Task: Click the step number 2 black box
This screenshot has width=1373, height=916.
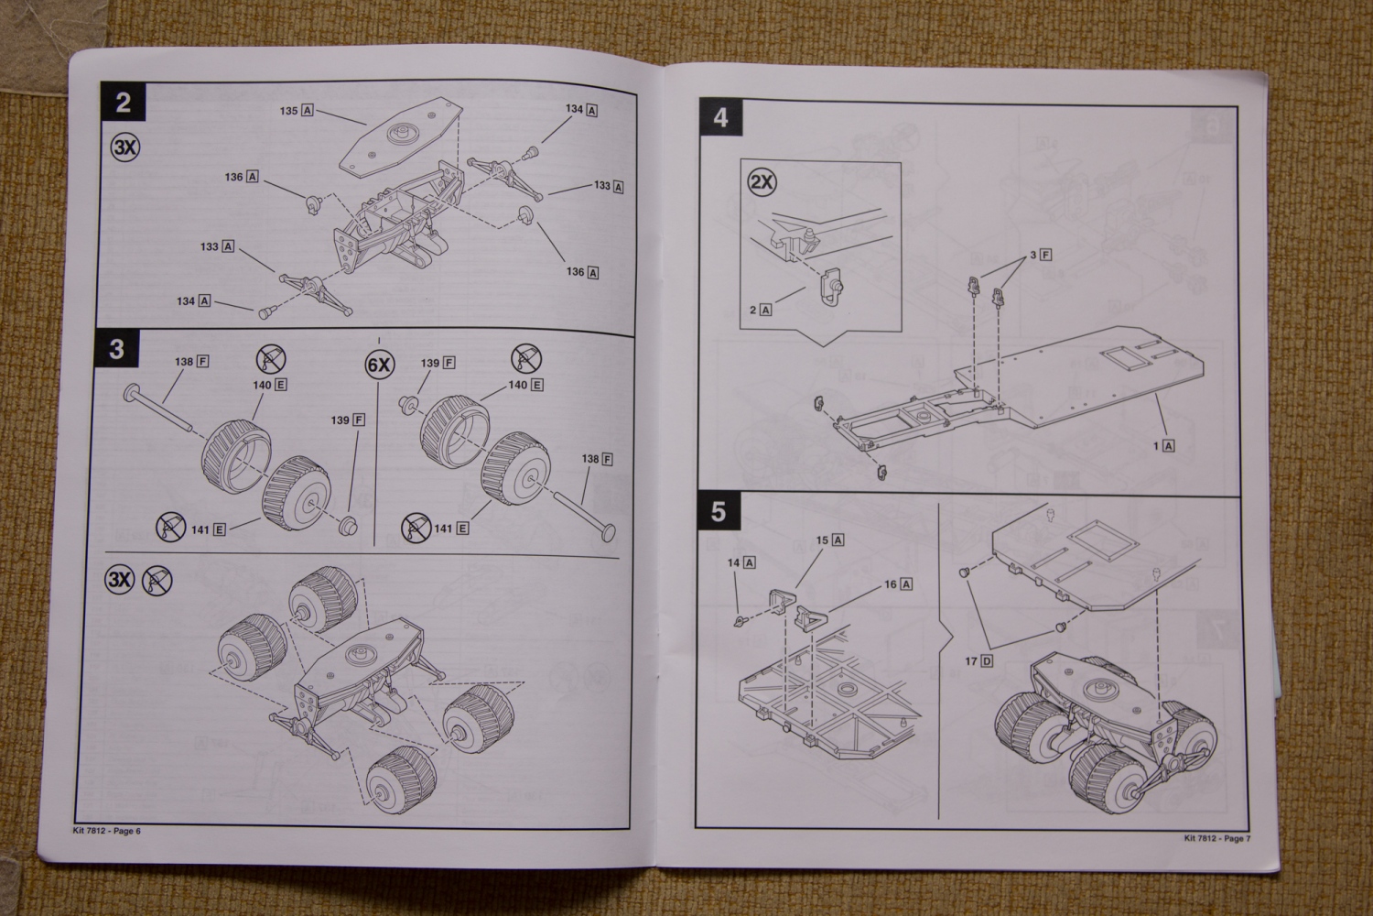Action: click(123, 102)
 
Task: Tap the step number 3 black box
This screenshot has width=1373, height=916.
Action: click(116, 350)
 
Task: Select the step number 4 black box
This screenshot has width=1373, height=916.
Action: click(720, 118)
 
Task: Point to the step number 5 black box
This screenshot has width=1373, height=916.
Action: click(718, 511)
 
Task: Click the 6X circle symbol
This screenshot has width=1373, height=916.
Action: click(378, 365)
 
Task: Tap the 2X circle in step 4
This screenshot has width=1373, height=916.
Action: click(762, 181)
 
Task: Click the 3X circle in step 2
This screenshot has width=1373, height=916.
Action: click(125, 147)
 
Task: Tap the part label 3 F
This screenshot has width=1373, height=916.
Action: click(1041, 255)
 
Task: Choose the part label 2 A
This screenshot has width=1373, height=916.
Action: click(761, 310)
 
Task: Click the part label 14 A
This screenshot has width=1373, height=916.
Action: click(741, 562)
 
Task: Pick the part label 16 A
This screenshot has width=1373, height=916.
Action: click(898, 584)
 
